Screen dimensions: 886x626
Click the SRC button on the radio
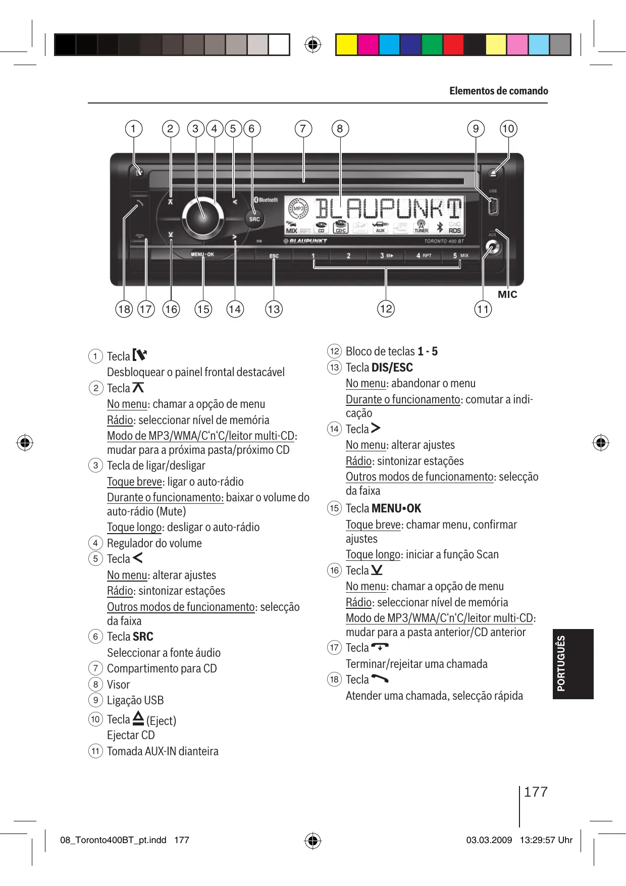(x=254, y=219)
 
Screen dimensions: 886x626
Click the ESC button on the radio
(x=274, y=256)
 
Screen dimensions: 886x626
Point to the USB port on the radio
(x=493, y=206)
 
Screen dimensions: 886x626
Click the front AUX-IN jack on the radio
(x=492, y=248)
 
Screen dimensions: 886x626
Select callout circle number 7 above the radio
(x=303, y=129)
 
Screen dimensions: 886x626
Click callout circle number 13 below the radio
(x=274, y=309)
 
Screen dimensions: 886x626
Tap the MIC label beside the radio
(x=507, y=294)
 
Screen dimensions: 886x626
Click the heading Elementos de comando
(x=498, y=91)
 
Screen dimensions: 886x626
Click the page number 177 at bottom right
(x=536, y=792)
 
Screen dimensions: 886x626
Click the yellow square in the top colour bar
(x=346, y=45)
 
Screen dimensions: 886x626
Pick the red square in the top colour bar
(x=453, y=45)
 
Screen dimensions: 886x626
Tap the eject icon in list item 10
(x=138, y=718)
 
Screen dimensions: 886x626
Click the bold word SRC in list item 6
(x=143, y=637)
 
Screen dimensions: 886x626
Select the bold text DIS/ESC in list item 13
(x=392, y=368)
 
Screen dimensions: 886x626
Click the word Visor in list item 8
(x=118, y=685)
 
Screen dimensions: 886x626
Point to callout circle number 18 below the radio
(x=124, y=309)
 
